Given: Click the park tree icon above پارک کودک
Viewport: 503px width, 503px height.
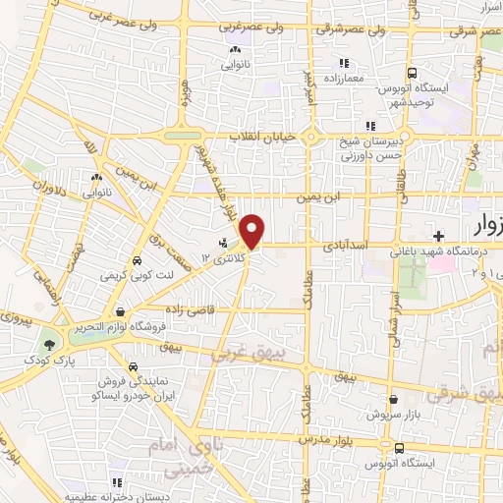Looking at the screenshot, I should [x=48, y=344].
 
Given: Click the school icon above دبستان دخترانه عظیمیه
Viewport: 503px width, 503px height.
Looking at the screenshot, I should [x=117, y=480].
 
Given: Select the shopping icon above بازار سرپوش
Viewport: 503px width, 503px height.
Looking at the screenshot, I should [x=395, y=400].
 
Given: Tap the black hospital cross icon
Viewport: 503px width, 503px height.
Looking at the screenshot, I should [x=439, y=235].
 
